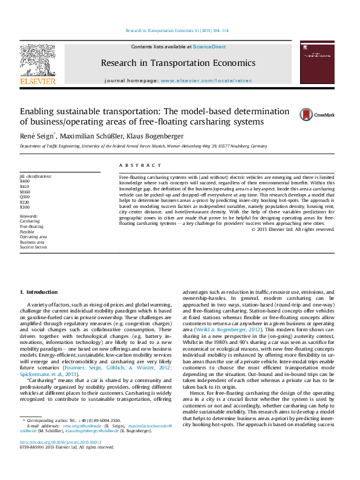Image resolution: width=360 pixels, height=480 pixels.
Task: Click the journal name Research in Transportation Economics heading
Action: pos(178,63)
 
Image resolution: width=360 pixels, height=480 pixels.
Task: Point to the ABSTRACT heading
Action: pos(140,164)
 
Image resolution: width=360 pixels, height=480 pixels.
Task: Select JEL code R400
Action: pos(24,181)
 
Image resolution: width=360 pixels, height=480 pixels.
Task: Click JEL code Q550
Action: pos(24,196)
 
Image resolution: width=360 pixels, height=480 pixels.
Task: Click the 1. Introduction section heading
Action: pos(39,292)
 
